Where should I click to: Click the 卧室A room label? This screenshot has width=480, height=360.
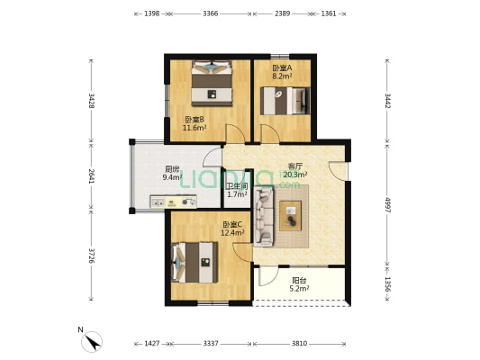coord(282,67)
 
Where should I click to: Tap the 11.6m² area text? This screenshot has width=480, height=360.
coord(195,128)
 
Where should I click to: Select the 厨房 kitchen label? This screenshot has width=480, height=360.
coord(172,169)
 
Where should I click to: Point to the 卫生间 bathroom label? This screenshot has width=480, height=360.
coord(237,186)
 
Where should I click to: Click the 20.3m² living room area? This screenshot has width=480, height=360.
coord(295,175)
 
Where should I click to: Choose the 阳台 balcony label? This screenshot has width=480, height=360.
coord(299,280)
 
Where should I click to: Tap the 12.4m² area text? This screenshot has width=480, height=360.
coord(232,233)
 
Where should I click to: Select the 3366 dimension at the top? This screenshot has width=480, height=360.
coord(211,13)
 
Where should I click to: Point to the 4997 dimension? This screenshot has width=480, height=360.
coord(387,205)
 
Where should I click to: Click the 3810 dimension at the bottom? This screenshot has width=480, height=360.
coord(299,344)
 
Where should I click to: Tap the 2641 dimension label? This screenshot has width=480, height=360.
coord(91,175)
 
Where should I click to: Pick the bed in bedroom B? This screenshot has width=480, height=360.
coord(212,83)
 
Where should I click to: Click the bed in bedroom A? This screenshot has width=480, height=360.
coord(285,101)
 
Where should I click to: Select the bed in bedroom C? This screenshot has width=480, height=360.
coord(195,263)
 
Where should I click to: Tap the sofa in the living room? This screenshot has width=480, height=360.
coord(264,217)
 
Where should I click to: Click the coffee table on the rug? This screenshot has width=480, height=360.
coord(291,216)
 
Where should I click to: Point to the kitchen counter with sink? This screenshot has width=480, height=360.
coord(173,202)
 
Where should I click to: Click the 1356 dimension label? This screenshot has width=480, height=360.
coord(387,284)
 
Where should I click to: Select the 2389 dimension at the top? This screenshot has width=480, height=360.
coord(282,13)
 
